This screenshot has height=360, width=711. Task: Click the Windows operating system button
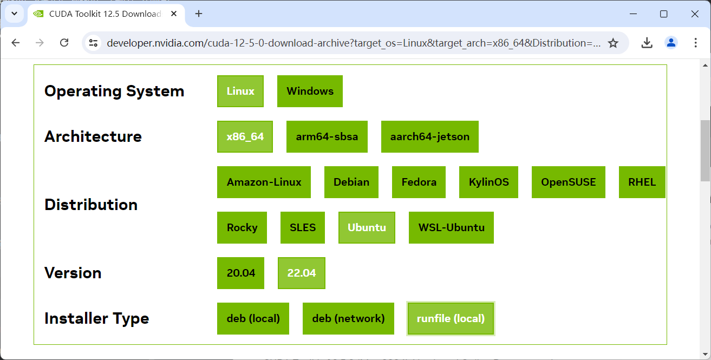(x=310, y=91)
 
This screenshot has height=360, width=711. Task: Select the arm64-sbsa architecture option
(x=327, y=136)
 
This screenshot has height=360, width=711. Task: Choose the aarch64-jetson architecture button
(x=429, y=136)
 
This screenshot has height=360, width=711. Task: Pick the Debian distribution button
(x=351, y=182)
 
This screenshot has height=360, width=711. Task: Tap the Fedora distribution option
(x=419, y=182)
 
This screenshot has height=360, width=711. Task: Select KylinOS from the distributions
(x=488, y=182)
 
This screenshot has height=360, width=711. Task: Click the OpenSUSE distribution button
(x=568, y=182)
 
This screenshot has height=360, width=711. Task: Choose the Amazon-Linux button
(x=264, y=182)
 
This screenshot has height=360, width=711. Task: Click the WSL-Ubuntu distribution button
(x=451, y=227)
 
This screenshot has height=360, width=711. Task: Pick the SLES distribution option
(x=303, y=227)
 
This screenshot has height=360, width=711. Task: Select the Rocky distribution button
(x=242, y=227)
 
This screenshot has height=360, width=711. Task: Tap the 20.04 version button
(x=240, y=273)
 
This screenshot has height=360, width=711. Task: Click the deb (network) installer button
(x=348, y=318)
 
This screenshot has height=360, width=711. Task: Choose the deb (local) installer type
(x=253, y=318)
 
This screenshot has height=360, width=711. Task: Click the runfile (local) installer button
(x=451, y=318)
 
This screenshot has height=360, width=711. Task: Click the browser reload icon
(x=64, y=43)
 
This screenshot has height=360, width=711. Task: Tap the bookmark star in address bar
(x=613, y=43)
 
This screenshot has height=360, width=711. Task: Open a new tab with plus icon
(x=199, y=14)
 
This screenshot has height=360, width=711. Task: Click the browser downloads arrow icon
(x=647, y=43)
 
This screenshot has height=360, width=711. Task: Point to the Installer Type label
(x=96, y=318)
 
